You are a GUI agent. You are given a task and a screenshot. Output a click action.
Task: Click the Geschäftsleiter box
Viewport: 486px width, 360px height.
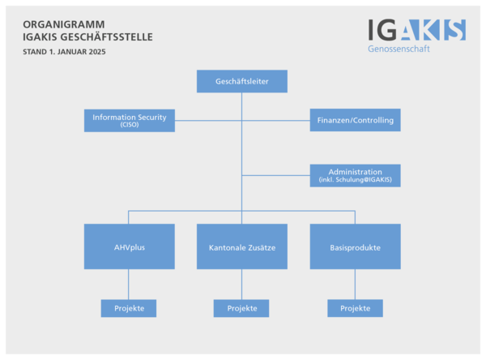click(242, 81)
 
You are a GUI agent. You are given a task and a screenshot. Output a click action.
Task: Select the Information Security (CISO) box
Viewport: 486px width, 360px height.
click(130, 120)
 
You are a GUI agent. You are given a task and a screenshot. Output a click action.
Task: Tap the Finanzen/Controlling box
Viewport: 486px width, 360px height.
click(355, 120)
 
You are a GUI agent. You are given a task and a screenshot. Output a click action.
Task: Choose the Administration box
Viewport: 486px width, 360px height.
click(355, 175)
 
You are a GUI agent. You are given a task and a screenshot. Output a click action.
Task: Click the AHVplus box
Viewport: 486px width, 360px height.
click(130, 246)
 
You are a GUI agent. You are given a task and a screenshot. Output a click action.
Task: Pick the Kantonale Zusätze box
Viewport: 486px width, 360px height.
click(242, 246)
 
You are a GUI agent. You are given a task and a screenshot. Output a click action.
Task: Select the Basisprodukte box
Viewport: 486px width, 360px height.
click(355, 246)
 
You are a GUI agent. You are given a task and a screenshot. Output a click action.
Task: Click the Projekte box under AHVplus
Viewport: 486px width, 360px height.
click(129, 308)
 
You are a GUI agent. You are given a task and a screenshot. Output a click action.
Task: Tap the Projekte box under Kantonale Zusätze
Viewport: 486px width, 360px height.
click(241, 308)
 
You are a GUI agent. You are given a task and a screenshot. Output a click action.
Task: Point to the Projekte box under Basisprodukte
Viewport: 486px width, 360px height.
click(355, 308)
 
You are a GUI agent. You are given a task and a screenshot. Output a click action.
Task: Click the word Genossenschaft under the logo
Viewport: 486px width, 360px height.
click(399, 49)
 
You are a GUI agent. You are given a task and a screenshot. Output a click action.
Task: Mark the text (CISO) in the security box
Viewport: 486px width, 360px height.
click(130, 125)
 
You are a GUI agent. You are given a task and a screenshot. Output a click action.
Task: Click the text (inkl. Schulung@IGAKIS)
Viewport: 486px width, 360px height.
click(355, 179)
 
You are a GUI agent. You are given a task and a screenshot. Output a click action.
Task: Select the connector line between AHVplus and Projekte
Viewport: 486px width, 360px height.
click(130, 284)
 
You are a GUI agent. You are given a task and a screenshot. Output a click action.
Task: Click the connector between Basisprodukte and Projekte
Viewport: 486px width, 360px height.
click(355, 284)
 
